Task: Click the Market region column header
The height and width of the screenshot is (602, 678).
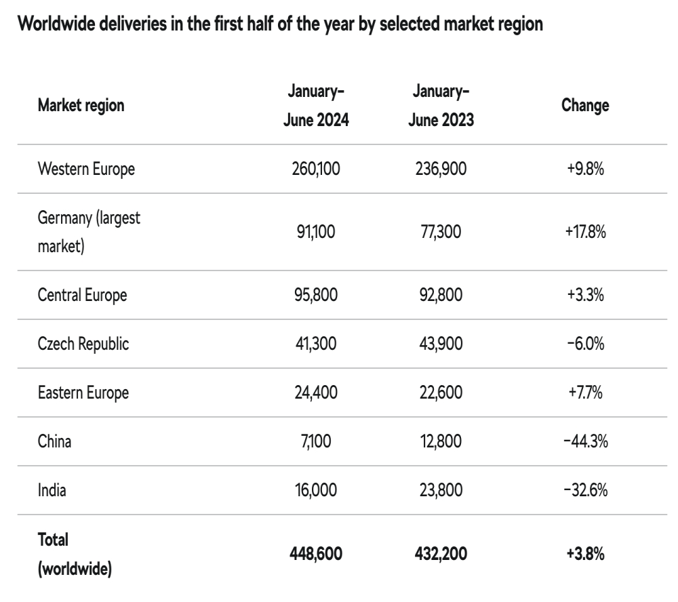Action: pos(81,106)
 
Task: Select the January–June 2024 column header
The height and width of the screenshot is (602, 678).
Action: pos(316,106)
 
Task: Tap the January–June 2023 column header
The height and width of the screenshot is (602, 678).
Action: pos(441,106)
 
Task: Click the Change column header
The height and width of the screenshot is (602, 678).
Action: pos(585,106)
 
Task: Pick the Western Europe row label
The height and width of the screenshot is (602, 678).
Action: pos(86,169)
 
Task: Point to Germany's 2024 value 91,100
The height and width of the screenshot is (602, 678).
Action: pos(316,232)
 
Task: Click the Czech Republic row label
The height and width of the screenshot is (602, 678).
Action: pos(83,344)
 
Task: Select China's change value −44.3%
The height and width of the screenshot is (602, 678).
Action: pos(586,441)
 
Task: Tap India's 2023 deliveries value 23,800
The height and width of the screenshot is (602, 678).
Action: pos(441,490)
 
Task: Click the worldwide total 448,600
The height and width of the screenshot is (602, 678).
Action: pos(316,554)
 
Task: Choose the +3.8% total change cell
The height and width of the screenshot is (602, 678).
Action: pos(586,554)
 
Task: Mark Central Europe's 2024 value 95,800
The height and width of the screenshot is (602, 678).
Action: pos(316,295)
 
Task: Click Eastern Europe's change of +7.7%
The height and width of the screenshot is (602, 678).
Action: pos(586,393)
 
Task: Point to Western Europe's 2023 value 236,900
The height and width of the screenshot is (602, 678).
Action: pos(441,169)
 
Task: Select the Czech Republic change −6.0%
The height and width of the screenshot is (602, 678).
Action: pos(586,344)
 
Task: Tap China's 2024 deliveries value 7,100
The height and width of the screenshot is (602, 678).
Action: pos(316,441)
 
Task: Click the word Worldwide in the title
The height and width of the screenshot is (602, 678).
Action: pos(56,24)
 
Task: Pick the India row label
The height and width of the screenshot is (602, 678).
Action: pos(52,490)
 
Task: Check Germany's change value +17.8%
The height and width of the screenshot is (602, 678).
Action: pos(586,232)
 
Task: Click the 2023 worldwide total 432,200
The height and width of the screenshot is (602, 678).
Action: pos(441,554)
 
